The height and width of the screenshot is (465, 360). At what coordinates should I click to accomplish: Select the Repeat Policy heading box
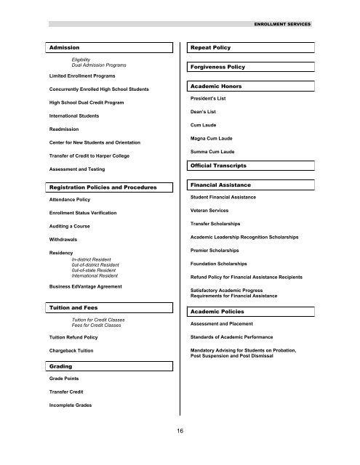click(210, 47)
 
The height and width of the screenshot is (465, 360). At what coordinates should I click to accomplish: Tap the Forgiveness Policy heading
click(217, 67)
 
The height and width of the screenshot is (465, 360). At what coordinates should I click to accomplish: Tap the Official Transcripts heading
click(221, 166)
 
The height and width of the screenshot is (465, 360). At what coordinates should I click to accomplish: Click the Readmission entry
click(66, 129)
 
